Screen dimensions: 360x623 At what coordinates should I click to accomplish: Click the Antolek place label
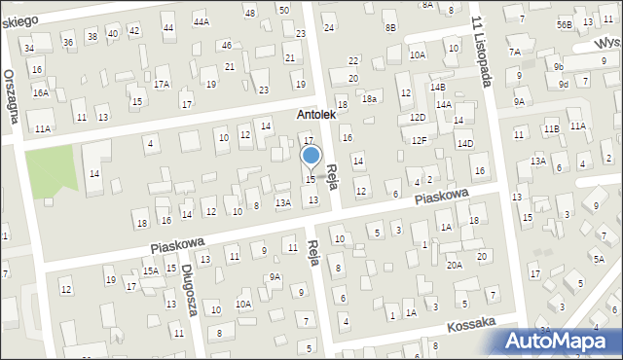pos(316,115)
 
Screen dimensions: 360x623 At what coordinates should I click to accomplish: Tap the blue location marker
pos(311,156)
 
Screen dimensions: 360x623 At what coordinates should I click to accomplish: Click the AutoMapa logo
pos(560,341)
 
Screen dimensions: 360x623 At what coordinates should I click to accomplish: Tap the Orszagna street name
pos(12,93)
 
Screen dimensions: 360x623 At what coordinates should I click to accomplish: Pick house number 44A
pos(202,21)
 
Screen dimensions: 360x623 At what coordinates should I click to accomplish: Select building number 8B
pos(390,27)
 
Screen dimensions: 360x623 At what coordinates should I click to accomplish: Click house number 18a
pos(369,98)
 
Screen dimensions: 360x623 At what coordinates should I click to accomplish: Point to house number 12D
pos(418,118)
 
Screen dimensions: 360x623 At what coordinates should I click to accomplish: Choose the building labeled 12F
pos(419,141)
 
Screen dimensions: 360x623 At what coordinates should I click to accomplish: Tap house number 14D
pos(465,144)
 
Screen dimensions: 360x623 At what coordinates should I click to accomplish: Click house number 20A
pos(455,265)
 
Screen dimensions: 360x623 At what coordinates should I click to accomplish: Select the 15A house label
pos(151,271)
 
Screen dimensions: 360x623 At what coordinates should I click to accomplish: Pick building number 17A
pos(162,84)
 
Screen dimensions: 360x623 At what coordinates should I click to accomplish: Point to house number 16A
pos(40,92)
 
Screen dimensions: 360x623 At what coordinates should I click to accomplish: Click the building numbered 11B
pos(552,128)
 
